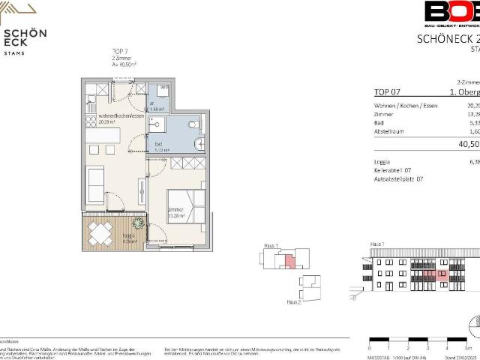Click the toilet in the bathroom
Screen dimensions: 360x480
(x=193, y=124)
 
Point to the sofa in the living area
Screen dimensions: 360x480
(x=94, y=181)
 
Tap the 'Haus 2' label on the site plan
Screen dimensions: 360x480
(x=294, y=301)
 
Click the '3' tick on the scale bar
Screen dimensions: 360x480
(x=427, y=348)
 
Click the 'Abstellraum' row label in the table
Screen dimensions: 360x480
(x=391, y=131)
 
